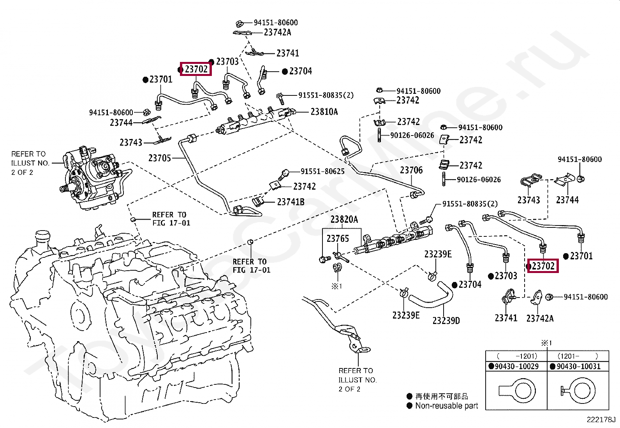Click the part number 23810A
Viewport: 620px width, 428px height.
point(324,112)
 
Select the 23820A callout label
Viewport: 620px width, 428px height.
point(344,220)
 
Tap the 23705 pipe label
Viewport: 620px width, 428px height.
point(160,158)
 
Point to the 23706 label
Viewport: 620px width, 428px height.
point(411,170)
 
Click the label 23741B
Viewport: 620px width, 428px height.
point(291,202)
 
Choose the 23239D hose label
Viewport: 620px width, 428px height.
point(446,321)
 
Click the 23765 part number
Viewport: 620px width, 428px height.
point(338,238)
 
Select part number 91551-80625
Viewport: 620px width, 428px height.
point(323,171)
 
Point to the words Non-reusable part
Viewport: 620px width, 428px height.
point(447,406)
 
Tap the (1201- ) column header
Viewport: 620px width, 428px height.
point(578,356)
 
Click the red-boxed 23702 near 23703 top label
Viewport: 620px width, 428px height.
point(196,69)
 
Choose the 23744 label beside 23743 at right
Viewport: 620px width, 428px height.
point(567,200)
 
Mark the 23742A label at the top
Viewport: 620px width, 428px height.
point(278,32)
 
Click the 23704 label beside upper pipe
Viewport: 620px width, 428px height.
point(301,71)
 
